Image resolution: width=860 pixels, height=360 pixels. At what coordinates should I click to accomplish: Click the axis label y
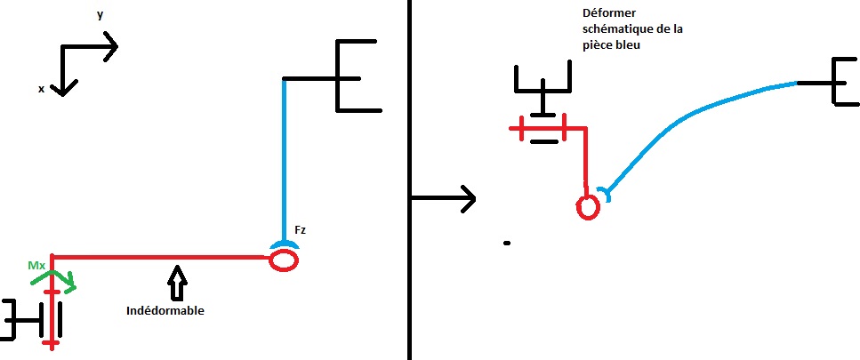pos(100,15)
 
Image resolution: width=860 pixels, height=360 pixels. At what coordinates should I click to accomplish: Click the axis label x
pos(41,89)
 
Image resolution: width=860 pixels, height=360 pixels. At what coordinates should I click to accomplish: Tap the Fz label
pos(300,230)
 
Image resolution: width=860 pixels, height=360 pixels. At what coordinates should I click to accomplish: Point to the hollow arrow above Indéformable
pos(176,282)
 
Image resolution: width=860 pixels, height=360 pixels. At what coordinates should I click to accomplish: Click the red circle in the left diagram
pos(284,260)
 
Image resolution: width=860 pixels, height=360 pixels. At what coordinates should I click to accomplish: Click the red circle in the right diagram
pos(588,206)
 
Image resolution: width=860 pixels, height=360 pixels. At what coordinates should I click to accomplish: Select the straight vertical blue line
pos(284,160)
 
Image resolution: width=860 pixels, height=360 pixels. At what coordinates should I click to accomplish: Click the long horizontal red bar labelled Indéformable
pos(160,257)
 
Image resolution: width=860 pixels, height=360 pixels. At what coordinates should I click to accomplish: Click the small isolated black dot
pos(506,242)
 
